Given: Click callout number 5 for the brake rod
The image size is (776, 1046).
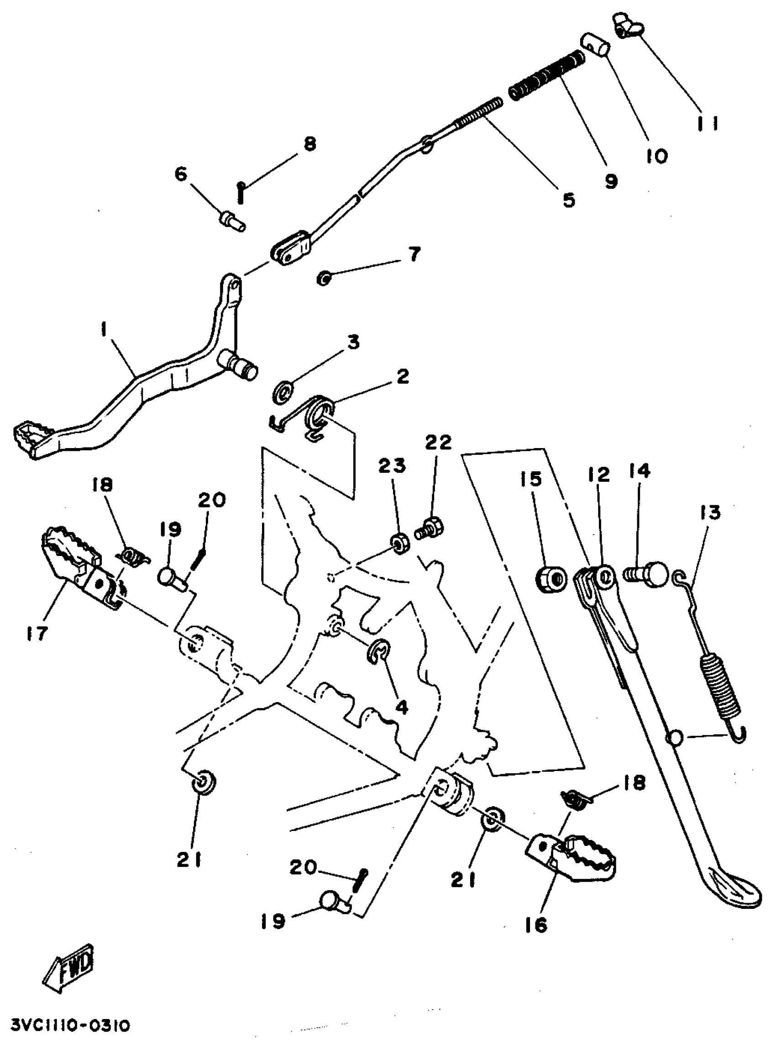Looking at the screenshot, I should point(569,200).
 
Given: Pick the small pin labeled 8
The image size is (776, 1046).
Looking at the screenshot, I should point(241,193).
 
